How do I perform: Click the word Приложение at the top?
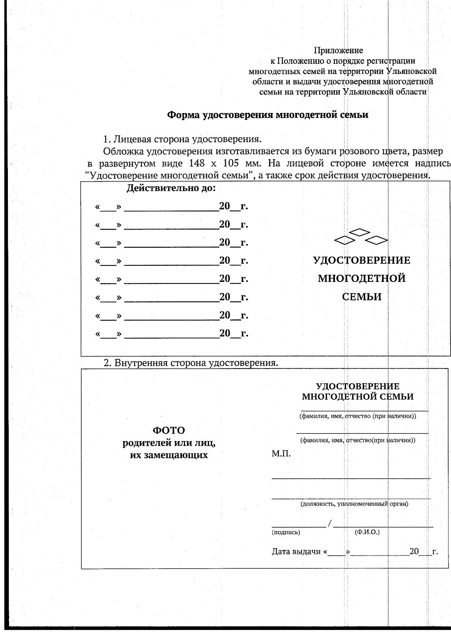pyautogui.click(x=338, y=50)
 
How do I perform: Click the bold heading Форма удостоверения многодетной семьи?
pyautogui.click(x=267, y=115)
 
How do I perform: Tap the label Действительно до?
pyautogui.click(x=171, y=188)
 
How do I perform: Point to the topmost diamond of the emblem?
pyautogui.click(x=360, y=232)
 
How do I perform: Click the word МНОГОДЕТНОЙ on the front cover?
pyautogui.click(x=362, y=279)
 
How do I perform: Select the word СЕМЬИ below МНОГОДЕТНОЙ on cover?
pyautogui.click(x=362, y=297)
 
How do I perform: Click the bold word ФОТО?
pyautogui.click(x=168, y=430)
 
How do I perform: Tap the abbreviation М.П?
pyautogui.click(x=281, y=454)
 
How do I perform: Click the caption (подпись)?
pyautogui.click(x=286, y=532)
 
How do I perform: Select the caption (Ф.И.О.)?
pyautogui.click(x=367, y=532)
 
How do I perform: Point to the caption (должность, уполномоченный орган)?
pyautogui.click(x=354, y=504)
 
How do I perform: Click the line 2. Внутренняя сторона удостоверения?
pyautogui.click(x=191, y=363)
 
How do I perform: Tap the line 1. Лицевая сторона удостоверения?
pyautogui.click(x=182, y=139)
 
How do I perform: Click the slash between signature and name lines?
pyautogui.click(x=330, y=523)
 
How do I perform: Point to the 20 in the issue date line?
pyautogui.click(x=414, y=551)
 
